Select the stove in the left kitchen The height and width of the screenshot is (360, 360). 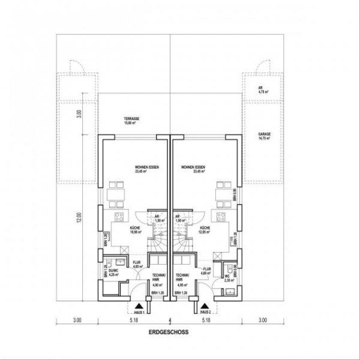119,217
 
